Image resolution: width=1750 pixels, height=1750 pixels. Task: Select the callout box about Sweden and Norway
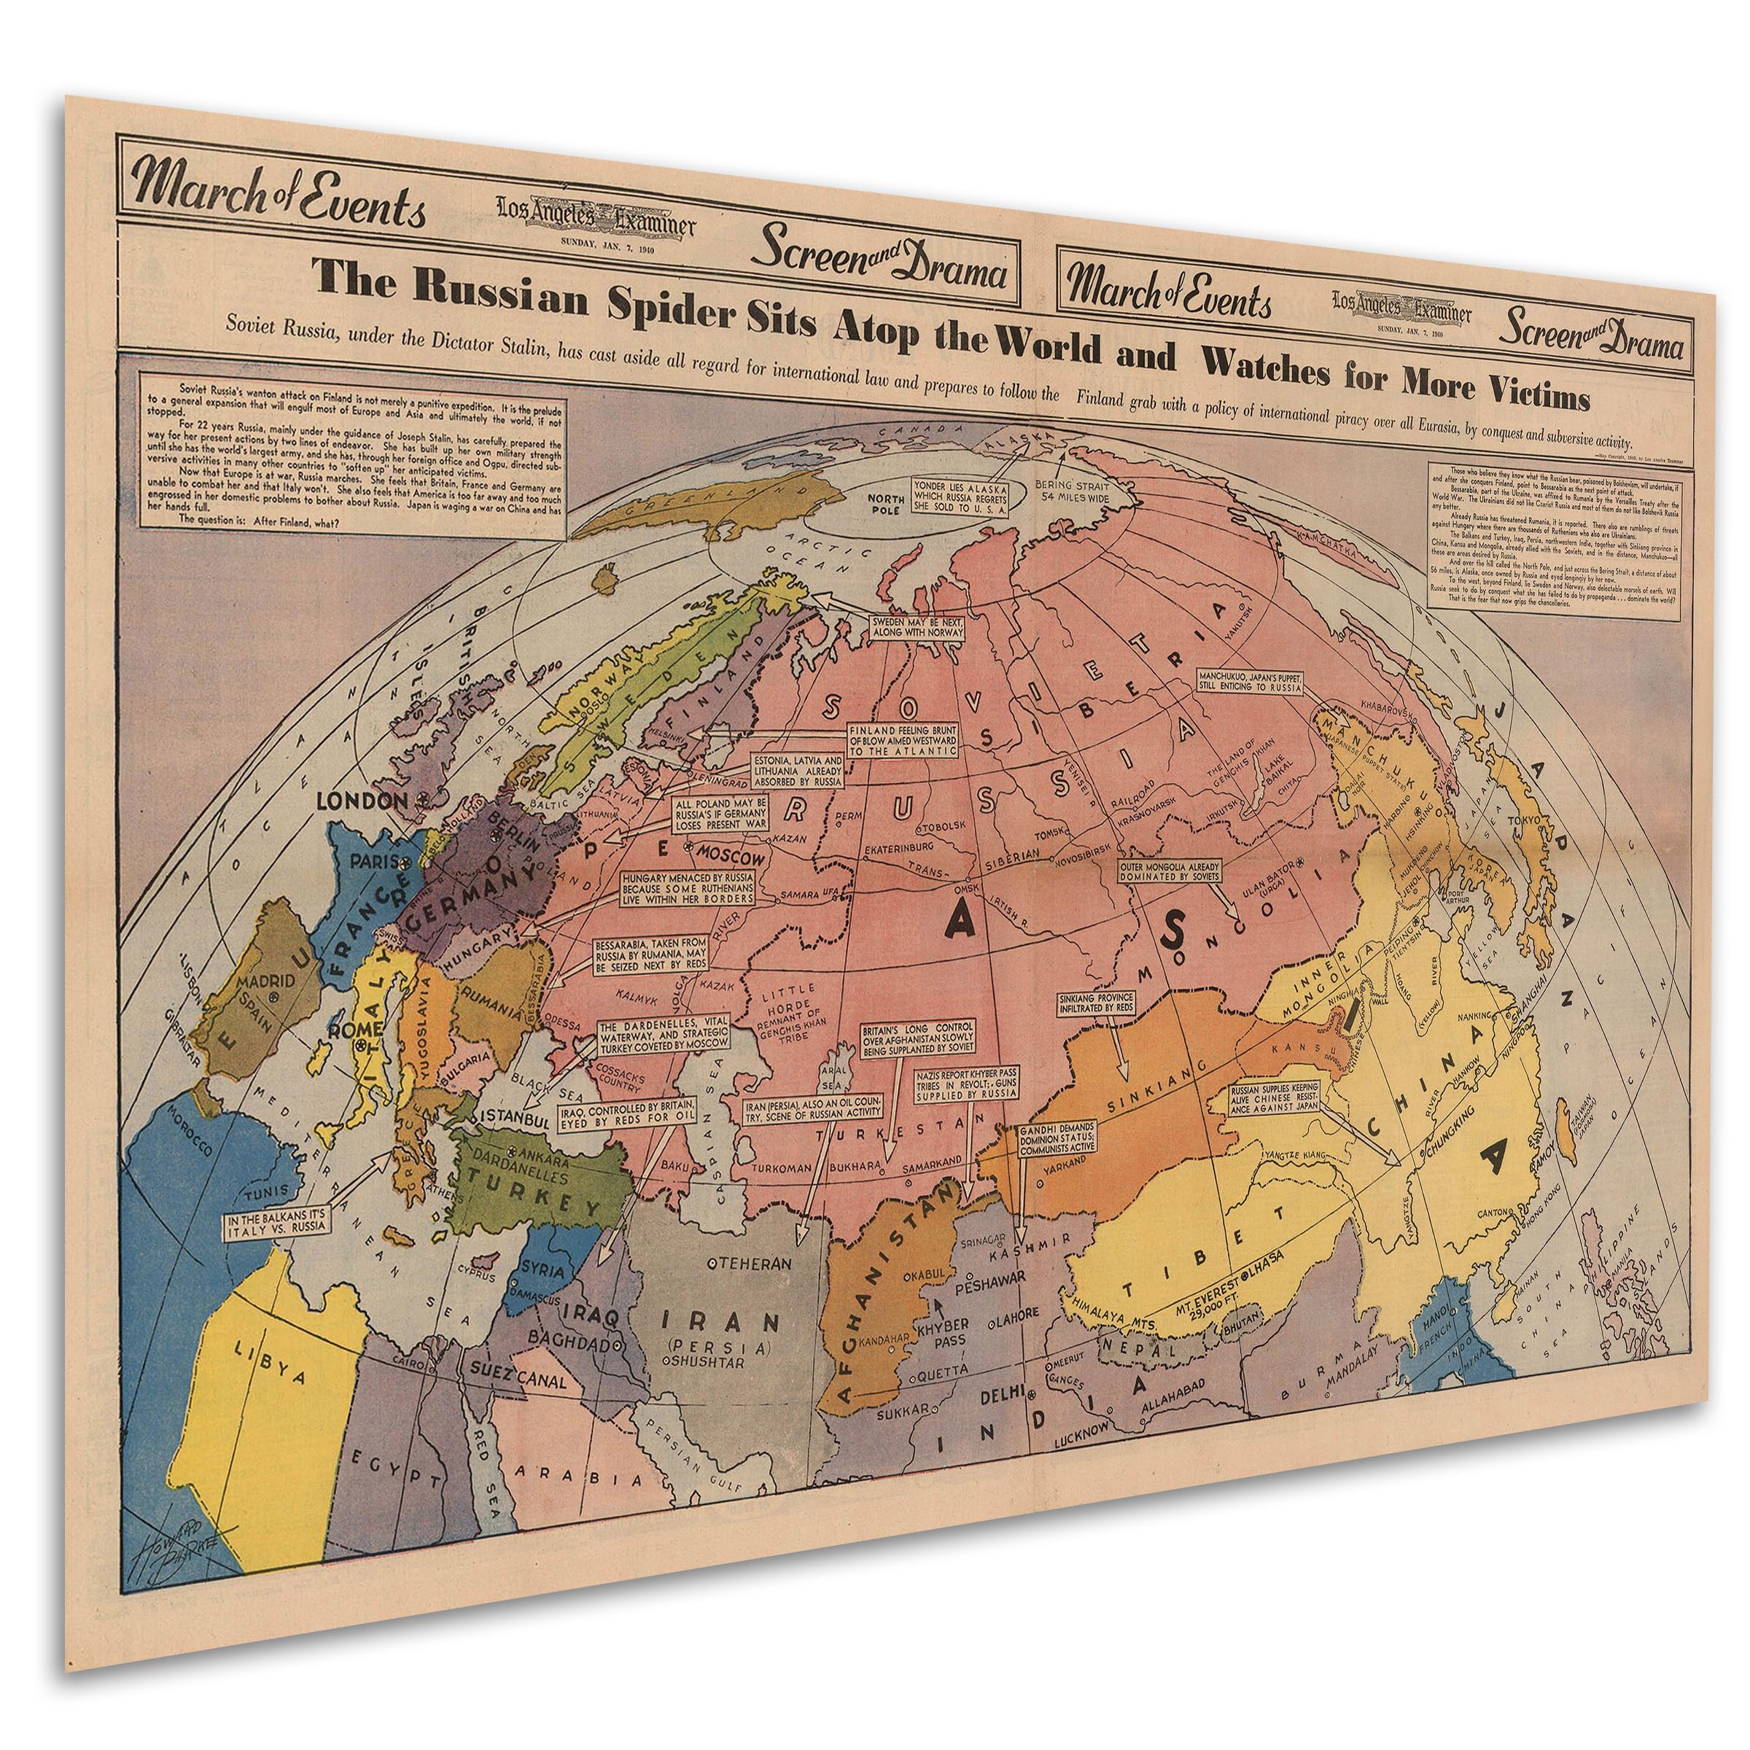click(x=917, y=628)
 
